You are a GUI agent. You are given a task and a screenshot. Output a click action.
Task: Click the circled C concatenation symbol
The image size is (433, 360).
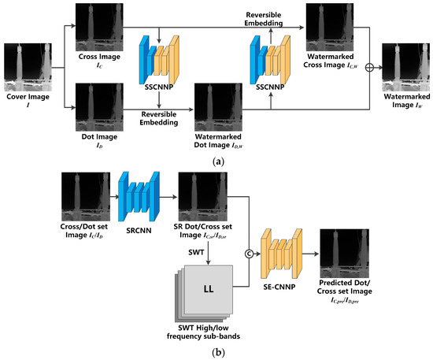click(250, 254)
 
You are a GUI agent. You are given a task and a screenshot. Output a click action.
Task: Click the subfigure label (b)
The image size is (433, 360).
click(216, 352)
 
